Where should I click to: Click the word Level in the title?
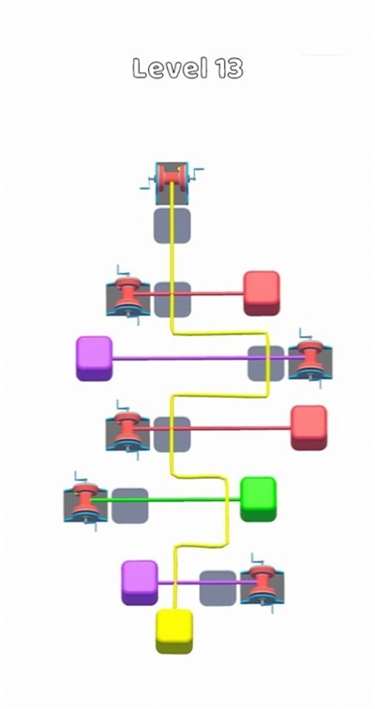[x=171, y=68]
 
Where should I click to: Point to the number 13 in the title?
[x=229, y=68]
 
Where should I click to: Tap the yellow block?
[x=174, y=631]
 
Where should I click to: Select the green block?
[x=258, y=499]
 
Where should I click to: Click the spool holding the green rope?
[x=85, y=502]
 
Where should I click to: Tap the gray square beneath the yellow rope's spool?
[x=172, y=225]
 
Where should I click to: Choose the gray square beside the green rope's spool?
[x=129, y=506]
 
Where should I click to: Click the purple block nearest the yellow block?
[x=140, y=583]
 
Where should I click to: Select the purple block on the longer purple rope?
[x=94, y=358]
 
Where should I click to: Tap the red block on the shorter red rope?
[x=262, y=293]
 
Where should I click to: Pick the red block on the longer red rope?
[x=308, y=428]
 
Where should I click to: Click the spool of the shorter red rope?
[x=127, y=296]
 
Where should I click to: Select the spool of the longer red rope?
[x=127, y=431]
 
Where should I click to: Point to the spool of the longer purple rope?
[x=310, y=359]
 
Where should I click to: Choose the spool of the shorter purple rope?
[x=262, y=583]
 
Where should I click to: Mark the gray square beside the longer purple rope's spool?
[x=266, y=363]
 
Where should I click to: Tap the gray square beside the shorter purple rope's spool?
[x=217, y=588]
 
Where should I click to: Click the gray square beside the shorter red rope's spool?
[x=172, y=300]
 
